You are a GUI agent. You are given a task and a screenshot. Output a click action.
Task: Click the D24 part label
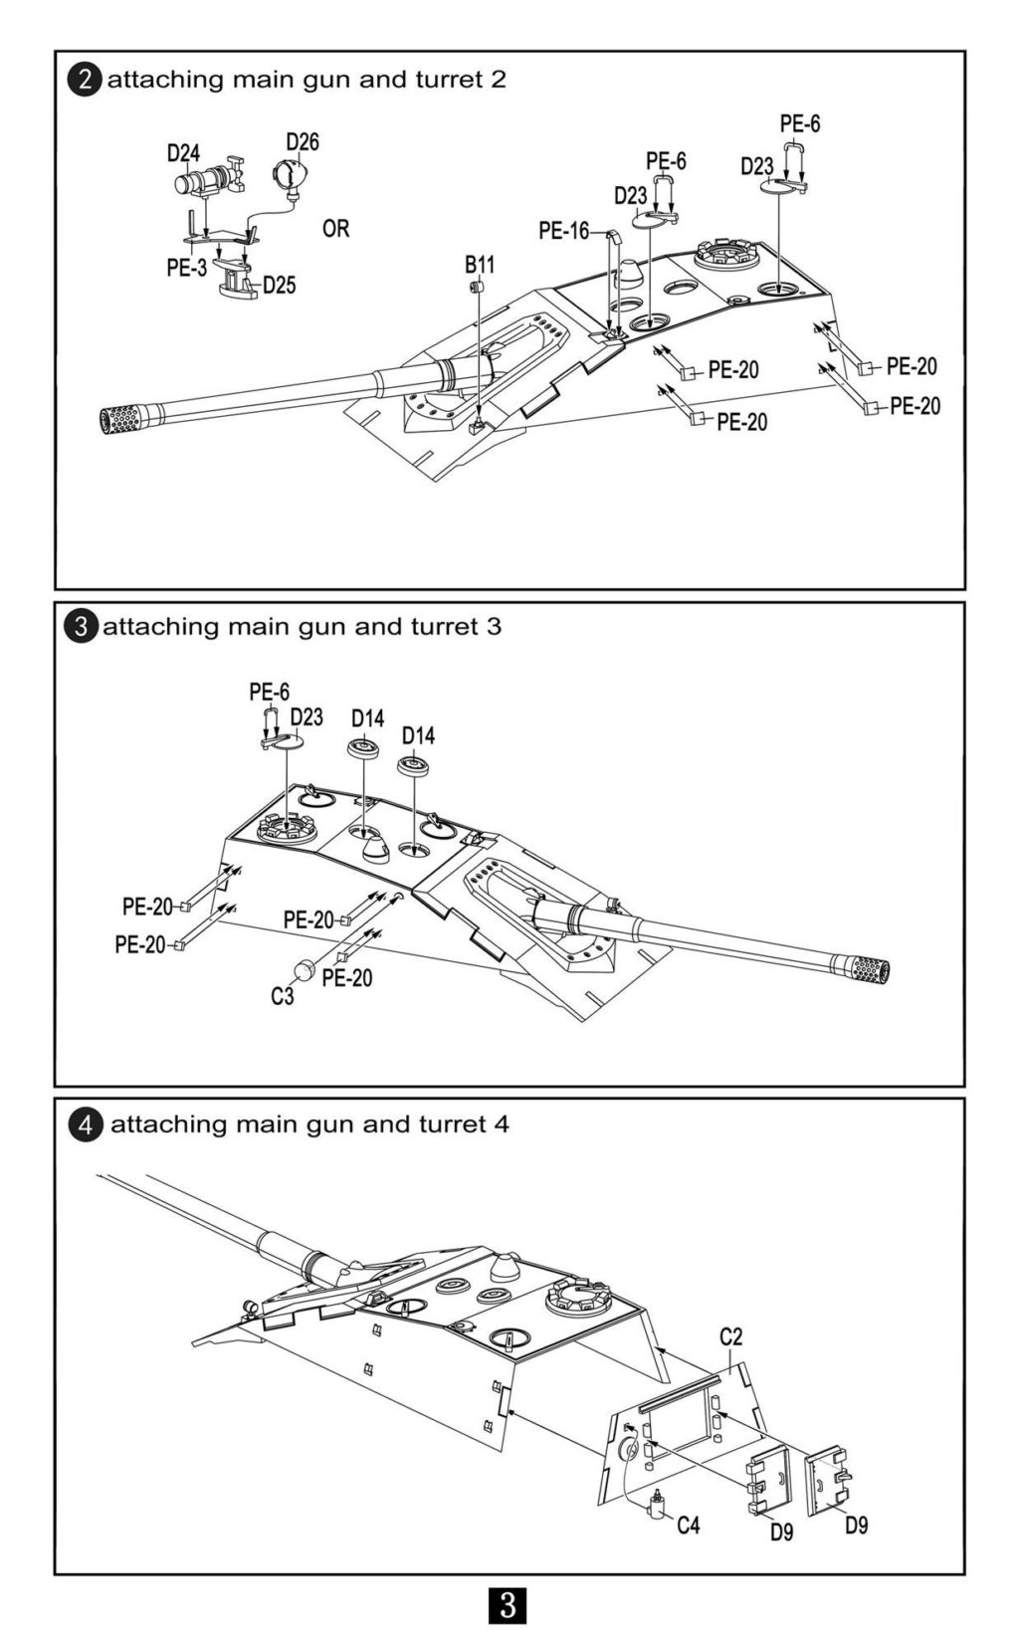[183, 153]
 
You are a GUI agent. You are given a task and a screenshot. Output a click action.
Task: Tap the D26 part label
[303, 141]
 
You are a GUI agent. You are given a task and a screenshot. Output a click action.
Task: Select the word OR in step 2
[336, 229]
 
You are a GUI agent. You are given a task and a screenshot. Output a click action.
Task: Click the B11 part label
[479, 265]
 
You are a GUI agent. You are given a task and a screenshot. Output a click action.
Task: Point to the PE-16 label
[563, 231]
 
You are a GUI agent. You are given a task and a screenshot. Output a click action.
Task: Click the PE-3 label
[186, 268]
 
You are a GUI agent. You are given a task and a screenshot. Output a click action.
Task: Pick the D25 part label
[280, 286]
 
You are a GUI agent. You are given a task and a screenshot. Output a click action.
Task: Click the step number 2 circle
[85, 80]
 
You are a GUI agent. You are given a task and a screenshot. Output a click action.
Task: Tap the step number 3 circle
[82, 627]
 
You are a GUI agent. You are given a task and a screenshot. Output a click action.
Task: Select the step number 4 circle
[85, 1124]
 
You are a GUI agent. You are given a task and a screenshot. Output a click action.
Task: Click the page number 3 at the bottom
[509, 1605]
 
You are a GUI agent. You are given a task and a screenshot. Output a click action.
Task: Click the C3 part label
[283, 995]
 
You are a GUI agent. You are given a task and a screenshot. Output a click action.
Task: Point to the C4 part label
[689, 1525]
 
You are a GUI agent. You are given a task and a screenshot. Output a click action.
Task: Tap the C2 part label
[731, 1336]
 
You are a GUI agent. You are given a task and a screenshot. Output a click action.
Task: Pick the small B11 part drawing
[476, 287]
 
